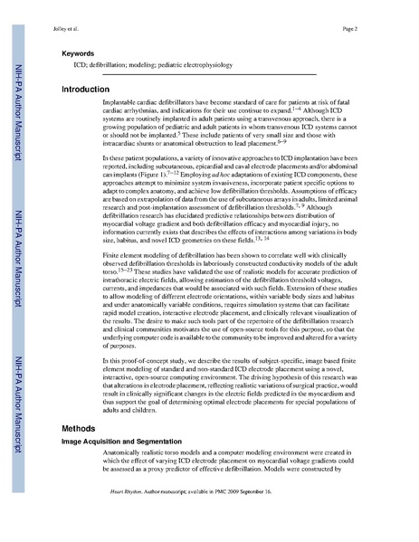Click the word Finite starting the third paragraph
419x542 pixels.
pos(113,243)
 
